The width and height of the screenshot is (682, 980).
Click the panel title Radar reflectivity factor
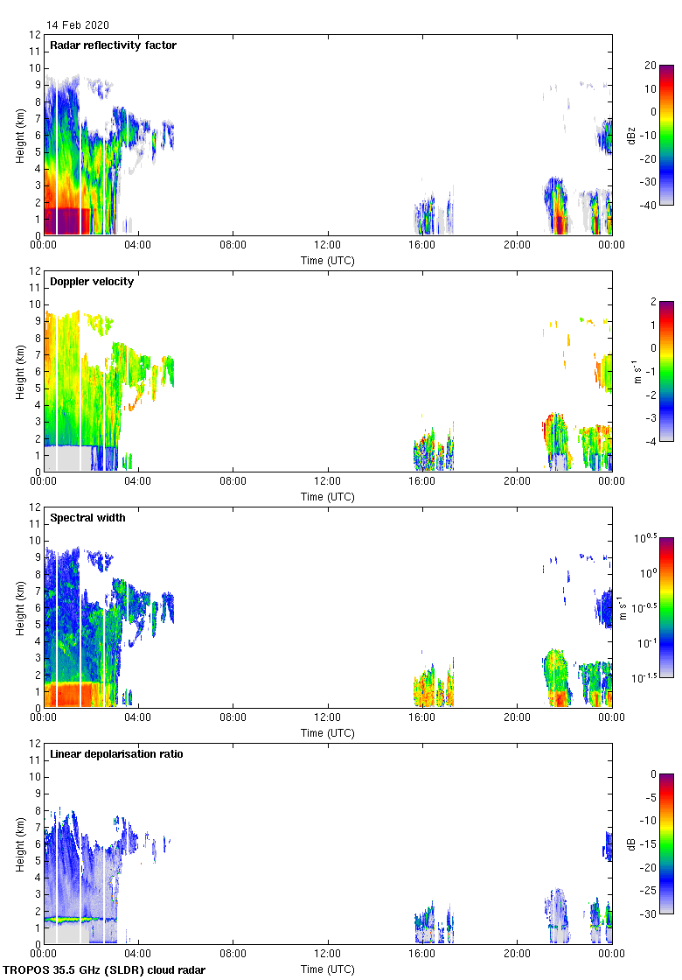(113, 45)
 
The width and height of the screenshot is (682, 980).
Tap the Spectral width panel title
(88, 517)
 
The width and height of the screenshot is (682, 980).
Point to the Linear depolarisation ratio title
(116, 753)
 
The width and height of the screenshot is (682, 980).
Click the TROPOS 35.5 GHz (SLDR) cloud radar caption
(105, 970)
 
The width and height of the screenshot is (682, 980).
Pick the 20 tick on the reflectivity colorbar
(651, 66)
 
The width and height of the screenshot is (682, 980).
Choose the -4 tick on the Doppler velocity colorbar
(651, 442)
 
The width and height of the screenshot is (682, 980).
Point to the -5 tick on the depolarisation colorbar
(651, 798)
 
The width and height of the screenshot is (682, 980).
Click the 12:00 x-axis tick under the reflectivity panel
(328, 246)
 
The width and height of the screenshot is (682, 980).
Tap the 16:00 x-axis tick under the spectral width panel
(422, 718)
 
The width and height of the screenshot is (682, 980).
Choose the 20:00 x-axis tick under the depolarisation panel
(517, 955)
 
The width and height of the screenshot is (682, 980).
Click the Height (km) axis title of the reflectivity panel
(19, 135)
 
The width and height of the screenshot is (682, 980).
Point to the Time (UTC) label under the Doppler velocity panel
(328, 496)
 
